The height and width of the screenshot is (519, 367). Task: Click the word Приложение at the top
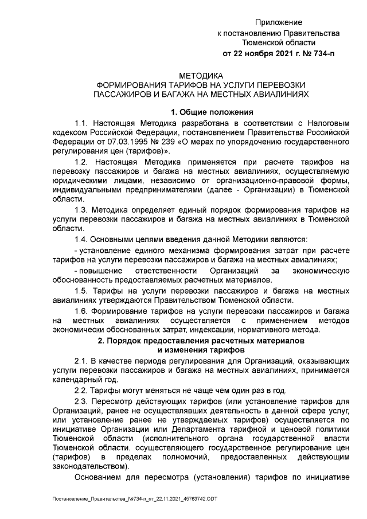click(278, 22)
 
